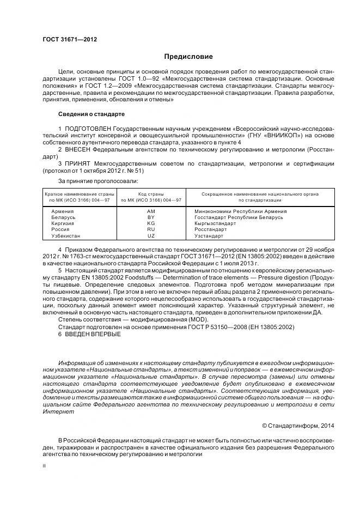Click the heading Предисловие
pyautogui.click(x=188, y=57)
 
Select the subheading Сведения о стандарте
pyautogui.click(x=91, y=114)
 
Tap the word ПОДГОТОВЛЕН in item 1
pyautogui.click(x=87, y=127)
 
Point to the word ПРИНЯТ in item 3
pyautogui.click(x=79, y=163)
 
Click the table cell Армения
pyautogui.click(x=63, y=211)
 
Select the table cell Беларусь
pyautogui.click(x=63, y=217)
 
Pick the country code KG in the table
pyautogui.click(x=151, y=223)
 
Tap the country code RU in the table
pyautogui.click(x=151, y=229)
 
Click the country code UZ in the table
pyautogui.click(x=151, y=236)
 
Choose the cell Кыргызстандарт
pyautogui.click(x=217, y=223)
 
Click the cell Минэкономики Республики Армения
pyautogui.click(x=240, y=211)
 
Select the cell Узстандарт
pyautogui.click(x=209, y=236)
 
